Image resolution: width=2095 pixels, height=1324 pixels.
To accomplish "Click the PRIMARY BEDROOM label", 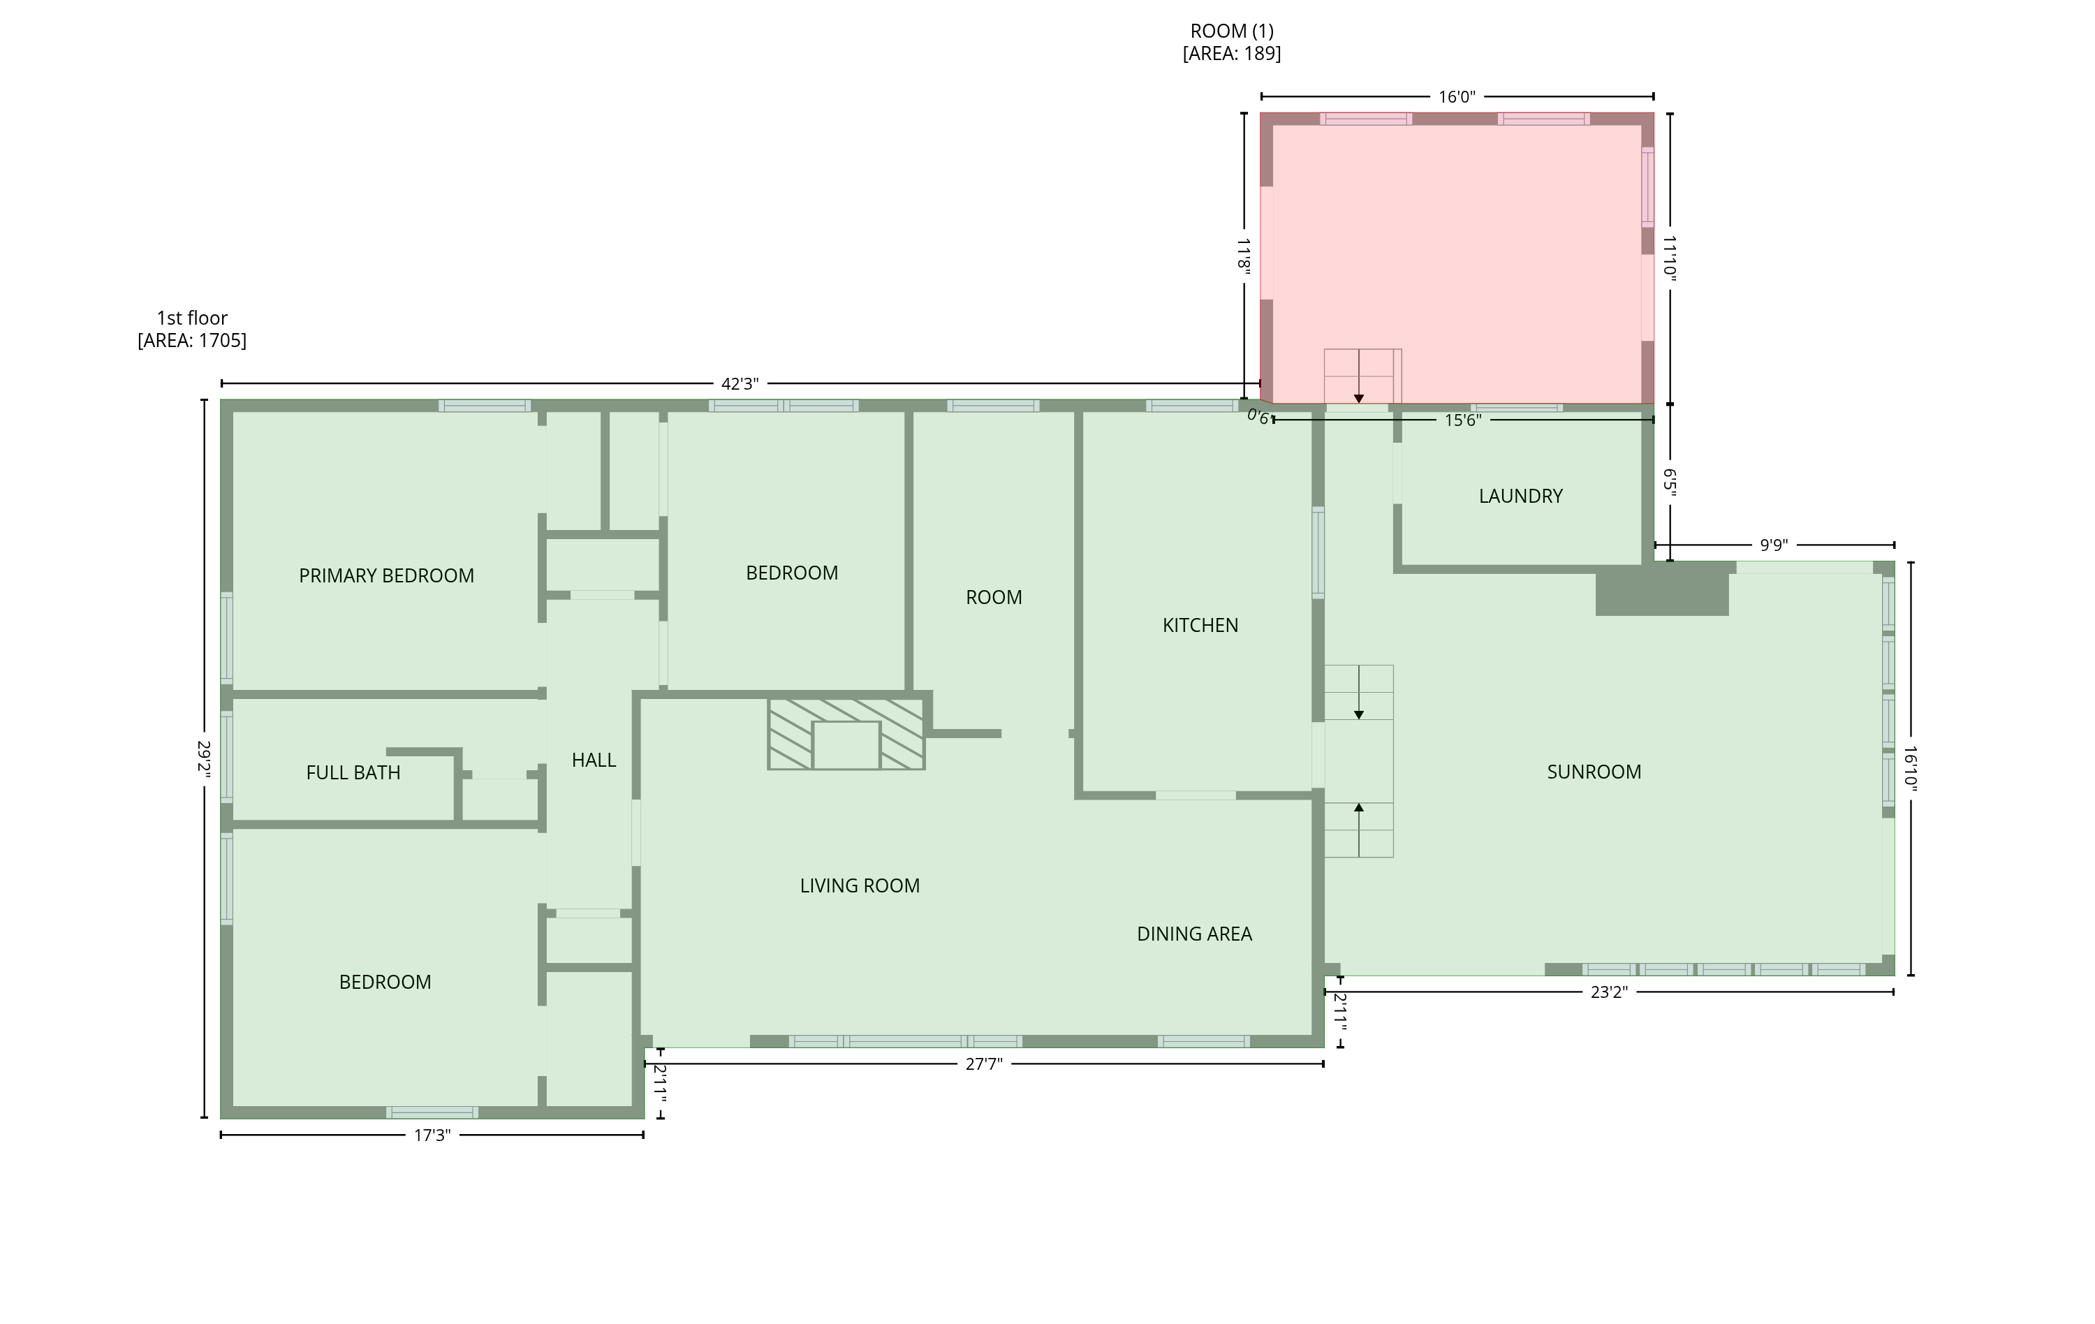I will [x=386, y=576].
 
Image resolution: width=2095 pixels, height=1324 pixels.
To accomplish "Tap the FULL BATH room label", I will [x=353, y=772].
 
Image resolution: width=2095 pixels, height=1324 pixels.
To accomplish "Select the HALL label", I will [x=594, y=760].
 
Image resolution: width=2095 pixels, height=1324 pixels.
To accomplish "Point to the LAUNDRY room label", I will [x=1520, y=496].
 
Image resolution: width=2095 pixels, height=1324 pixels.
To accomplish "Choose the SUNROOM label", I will [x=1593, y=772].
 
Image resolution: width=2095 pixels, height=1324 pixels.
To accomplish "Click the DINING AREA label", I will [x=1193, y=934].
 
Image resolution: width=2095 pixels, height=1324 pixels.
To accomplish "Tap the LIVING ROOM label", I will [x=860, y=885].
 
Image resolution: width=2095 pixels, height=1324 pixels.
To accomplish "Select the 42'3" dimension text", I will [x=740, y=383].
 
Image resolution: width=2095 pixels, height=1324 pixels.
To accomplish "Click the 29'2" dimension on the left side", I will [x=205, y=758].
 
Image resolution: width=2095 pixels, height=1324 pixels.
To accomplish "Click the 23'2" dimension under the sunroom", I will [x=1608, y=992].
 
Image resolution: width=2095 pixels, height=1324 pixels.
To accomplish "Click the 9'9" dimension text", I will [x=1773, y=545].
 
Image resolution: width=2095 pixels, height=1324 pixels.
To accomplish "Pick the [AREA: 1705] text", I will [x=191, y=341].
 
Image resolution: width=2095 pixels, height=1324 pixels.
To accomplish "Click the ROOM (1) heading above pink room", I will [x=1231, y=31].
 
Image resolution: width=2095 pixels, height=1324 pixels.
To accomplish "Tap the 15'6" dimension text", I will [x=1462, y=420].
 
